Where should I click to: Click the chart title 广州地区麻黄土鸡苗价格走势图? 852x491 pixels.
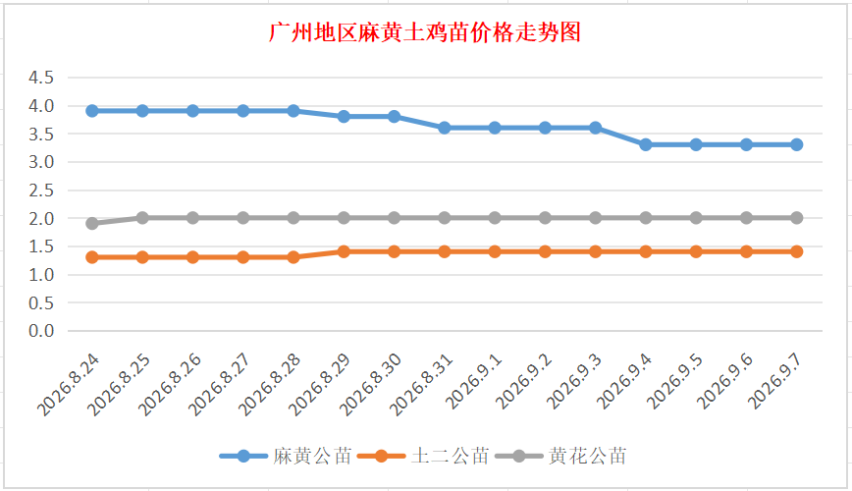tap(425, 32)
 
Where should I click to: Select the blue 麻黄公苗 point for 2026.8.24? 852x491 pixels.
tap(92, 111)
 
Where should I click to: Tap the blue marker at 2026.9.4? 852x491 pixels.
tap(646, 144)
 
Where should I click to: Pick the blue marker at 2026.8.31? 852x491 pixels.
tap(445, 128)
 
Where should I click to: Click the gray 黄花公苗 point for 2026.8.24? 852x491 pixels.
tap(92, 224)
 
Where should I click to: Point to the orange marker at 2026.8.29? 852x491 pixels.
tap(344, 251)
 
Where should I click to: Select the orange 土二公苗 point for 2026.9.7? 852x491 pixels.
tap(797, 251)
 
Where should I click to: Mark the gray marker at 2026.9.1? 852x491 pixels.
tap(495, 218)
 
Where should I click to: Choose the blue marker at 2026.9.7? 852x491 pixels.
tap(797, 144)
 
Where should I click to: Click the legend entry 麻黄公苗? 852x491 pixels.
tap(286, 456)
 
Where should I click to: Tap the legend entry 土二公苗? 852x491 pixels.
tap(424, 456)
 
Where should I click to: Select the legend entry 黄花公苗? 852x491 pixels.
tap(561, 456)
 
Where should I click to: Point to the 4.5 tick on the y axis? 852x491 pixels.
tap(41, 78)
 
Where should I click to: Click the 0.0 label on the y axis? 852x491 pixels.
tap(41, 331)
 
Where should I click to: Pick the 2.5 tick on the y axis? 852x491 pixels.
tap(41, 191)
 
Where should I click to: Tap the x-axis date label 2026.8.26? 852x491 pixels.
tap(169, 384)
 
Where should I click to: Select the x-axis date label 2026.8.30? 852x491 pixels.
tap(371, 384)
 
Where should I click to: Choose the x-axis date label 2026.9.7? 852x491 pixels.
tap(774, 381)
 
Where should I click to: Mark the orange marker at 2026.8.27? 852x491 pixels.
tap(243, 257)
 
